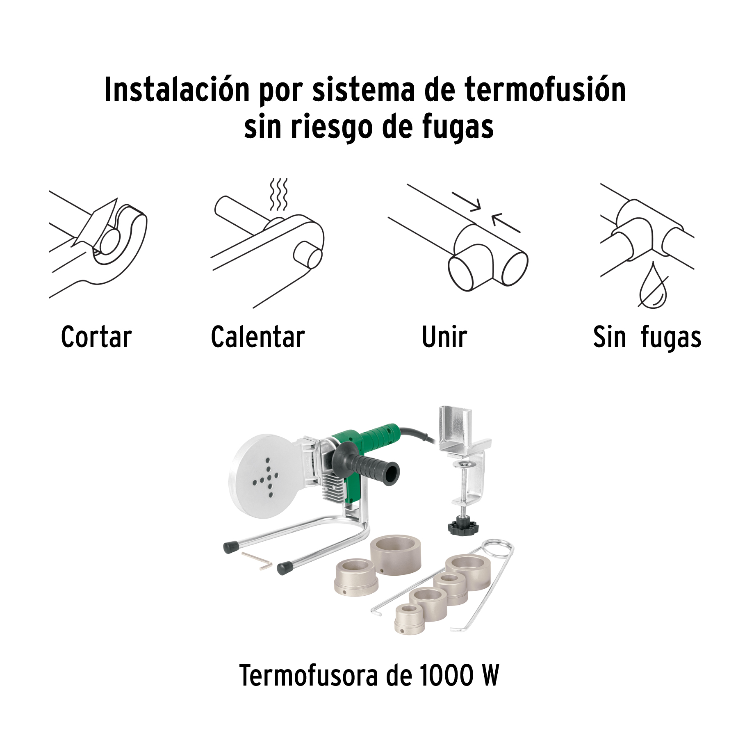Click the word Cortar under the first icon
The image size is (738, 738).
click(96, 337)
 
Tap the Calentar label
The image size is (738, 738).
click(258, 337)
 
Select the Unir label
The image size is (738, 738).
click(444, 337)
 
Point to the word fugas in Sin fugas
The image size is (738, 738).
click(671, 338)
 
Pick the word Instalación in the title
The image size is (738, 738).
click(177, 89)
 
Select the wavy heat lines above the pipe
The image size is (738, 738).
click(278, 194)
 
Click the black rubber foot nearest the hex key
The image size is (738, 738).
click(232, 547)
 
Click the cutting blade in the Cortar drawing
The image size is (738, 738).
click(95, 223)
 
